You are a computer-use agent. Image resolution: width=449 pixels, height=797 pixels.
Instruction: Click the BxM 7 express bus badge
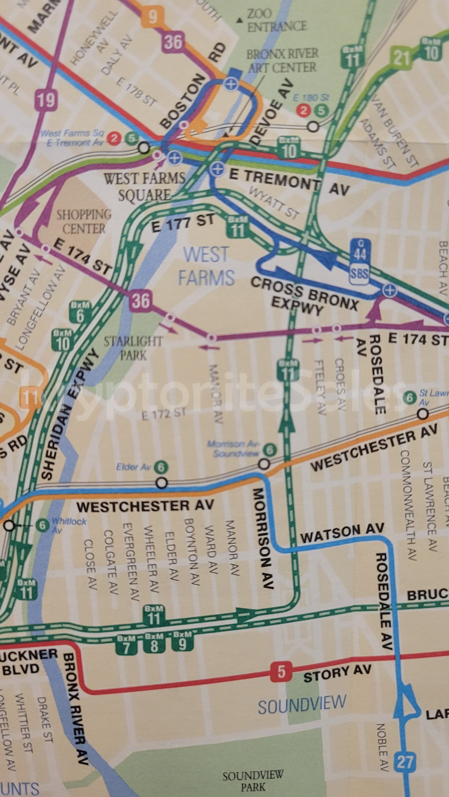[126, 645]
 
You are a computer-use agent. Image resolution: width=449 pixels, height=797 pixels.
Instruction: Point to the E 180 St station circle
[314, 126]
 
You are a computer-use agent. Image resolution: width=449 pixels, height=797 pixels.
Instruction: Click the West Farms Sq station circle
[144, 148]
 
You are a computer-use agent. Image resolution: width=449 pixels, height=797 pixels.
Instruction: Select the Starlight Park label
[133, 348]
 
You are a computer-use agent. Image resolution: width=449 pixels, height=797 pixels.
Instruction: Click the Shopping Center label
[84, 222]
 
